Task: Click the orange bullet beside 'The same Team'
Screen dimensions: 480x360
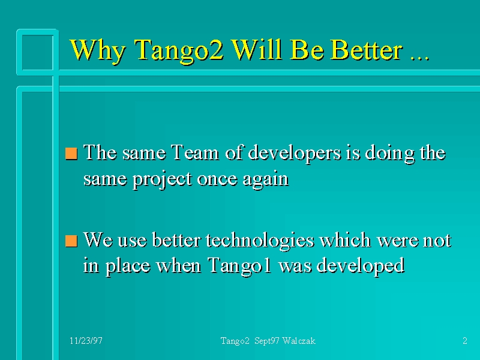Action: tap(71, 154)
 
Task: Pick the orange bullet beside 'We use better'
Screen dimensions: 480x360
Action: tap(71, 241)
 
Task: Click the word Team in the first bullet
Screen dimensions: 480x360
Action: tap(194, 152)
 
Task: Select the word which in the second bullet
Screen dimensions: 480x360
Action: tap(345, 239)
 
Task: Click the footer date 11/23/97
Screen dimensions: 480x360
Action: tap(86, 341)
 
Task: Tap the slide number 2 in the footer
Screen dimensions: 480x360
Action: tap(464, 341)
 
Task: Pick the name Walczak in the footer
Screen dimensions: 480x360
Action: tap(299, 341)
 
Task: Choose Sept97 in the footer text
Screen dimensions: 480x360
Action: tap(266, 341)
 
